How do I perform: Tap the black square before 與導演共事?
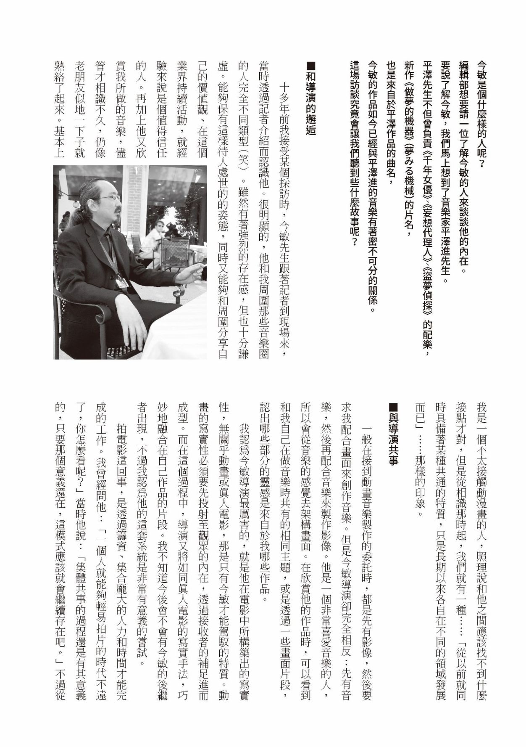(393, 407)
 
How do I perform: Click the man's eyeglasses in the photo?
(110, 197)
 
